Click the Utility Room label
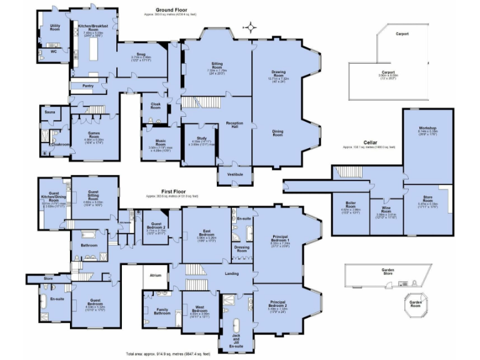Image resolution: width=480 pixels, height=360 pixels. (x=55, y=27)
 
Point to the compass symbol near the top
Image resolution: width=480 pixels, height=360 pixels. (x=251, y=27)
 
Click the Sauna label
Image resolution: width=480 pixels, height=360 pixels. (x=49, y=112)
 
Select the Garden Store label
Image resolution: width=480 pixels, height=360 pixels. (x=387, y=271)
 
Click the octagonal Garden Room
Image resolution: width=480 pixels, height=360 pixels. (x=417, y=305)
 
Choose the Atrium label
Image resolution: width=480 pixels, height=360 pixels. (x=155, y=274)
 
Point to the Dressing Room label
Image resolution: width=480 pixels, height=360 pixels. (x=243, y=248)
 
